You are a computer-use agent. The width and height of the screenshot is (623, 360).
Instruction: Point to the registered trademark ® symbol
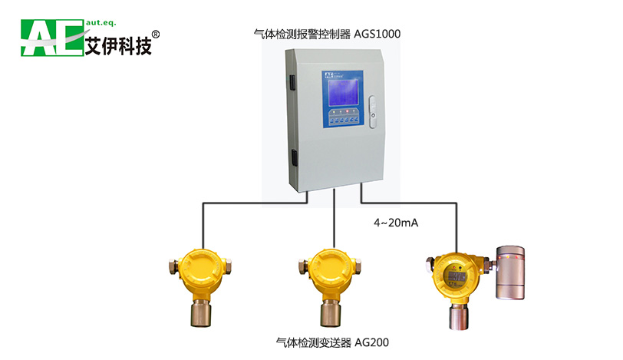point(157,35)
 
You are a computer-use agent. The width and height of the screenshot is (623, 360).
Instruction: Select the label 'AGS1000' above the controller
point(377,34)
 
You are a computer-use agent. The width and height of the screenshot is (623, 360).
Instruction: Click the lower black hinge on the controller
point(292,159)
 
